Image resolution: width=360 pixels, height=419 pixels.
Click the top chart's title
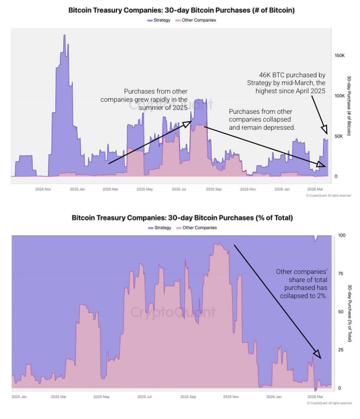pos(181,10)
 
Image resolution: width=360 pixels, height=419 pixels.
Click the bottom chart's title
pos(182,218)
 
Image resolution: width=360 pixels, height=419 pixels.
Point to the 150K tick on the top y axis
pos(339,56)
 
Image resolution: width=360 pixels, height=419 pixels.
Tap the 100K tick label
pos(339,96)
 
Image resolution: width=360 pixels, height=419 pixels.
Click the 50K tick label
pos(338,136)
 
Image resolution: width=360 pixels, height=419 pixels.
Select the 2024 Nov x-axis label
pos(43,189)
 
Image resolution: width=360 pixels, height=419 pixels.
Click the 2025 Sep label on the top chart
pos(213,189)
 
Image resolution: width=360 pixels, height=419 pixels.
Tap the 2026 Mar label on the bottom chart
pos(315,397)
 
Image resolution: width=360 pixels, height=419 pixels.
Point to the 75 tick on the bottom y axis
pos(341,274)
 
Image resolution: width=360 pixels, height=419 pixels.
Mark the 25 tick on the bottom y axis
pos(341,350)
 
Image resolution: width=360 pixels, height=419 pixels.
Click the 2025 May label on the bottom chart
pos(101,397)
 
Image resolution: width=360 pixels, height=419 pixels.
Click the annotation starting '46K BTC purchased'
pos(286,83)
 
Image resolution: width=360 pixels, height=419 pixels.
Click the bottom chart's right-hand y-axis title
pos(350,313)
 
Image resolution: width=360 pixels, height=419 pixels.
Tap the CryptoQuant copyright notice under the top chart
pos(328,195)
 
